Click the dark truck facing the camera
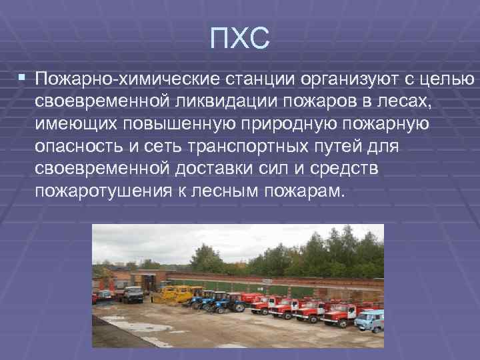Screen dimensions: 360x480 (133, 294)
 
